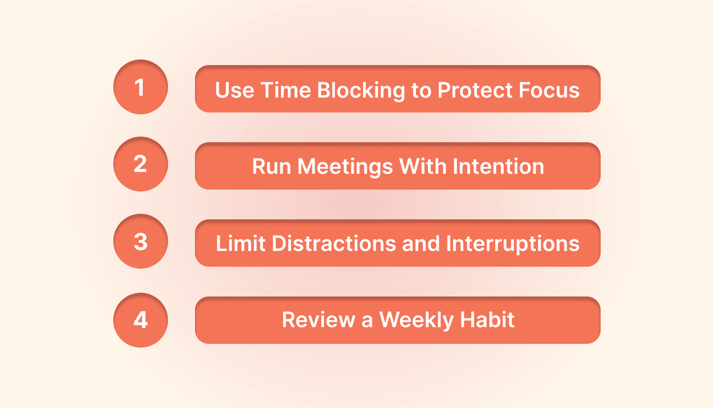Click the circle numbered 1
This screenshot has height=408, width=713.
141,87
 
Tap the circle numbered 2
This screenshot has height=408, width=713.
141,164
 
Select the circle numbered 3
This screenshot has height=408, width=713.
141,241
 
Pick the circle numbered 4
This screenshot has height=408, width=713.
141,320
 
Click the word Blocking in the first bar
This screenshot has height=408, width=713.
361,90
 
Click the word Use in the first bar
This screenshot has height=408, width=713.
235,90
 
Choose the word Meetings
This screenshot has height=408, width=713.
345,166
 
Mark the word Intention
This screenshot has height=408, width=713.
498,166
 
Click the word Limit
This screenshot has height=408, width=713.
240,243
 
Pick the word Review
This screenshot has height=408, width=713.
318,320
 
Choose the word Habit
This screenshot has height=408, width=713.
487,320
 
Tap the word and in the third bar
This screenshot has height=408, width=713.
421,243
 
